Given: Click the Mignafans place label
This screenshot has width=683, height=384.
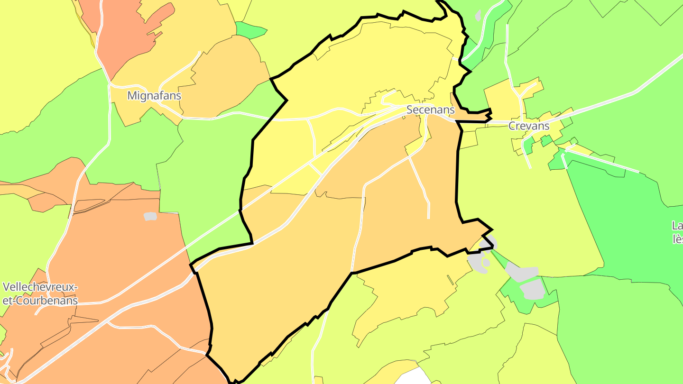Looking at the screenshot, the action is (154, 96).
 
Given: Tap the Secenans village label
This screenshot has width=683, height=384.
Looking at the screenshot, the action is (430, 110).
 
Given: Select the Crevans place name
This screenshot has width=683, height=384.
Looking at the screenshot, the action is (528, 126).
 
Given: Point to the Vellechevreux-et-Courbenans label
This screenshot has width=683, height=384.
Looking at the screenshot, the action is (40, 294).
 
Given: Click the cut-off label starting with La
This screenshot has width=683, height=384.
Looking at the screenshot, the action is (677, 232).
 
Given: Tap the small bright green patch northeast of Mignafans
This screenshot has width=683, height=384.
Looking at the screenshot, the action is (250, 30).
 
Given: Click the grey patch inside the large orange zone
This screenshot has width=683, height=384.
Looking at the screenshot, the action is (150, 216).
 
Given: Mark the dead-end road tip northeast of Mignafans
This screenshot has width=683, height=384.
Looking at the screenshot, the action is (200, 53).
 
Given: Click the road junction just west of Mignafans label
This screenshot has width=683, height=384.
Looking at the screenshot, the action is (110, 85).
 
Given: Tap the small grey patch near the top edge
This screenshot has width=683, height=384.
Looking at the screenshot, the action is (478, 15).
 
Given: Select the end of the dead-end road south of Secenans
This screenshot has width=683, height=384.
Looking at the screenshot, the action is (428, 218).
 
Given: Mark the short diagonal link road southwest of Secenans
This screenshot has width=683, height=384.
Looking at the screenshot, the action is (316, 168).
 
